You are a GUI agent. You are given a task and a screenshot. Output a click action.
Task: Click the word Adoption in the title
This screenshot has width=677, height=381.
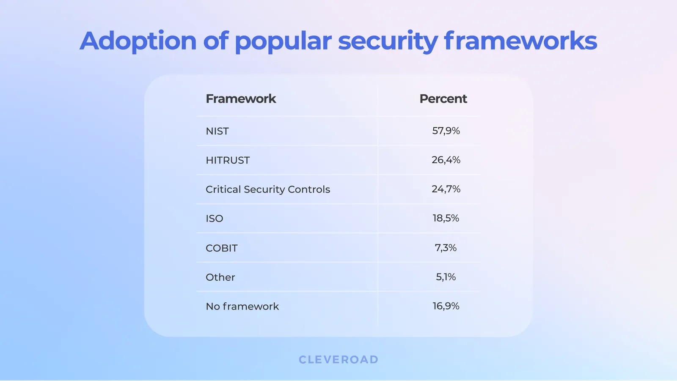click(138, 41)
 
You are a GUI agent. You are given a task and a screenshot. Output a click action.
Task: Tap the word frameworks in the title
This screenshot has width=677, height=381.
click(520, 41)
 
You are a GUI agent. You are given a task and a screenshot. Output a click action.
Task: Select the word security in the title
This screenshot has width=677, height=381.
click(388, 41)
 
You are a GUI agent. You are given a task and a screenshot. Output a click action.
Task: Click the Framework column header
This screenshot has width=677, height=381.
click(241, 99)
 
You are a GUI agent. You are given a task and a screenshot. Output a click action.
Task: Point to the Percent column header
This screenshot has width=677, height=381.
click(443, 99)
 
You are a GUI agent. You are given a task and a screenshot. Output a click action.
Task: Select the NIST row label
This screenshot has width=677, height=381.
click(217, 131)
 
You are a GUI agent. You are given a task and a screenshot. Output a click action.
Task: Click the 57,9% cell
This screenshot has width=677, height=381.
click(446, 131)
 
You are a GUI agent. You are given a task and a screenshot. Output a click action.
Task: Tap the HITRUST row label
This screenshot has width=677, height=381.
click(228, 160)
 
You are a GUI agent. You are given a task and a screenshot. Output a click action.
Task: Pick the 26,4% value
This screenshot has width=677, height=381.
click(446, 160)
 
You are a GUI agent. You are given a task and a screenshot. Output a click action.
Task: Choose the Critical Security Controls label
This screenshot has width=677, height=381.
click(267, 189)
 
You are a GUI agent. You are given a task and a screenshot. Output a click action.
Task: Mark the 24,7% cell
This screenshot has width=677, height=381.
click(446, 189)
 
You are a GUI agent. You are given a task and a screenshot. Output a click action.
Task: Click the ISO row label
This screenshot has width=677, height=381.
click(214, 219)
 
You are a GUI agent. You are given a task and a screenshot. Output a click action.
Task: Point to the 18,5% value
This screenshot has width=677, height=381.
click(446, 218)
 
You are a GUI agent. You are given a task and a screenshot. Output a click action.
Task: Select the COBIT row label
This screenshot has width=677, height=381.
click(221, 248)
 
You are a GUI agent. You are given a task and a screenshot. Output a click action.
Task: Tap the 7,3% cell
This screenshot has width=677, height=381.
click(446, 248)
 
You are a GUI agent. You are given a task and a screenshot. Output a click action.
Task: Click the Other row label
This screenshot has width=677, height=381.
click(220, 277)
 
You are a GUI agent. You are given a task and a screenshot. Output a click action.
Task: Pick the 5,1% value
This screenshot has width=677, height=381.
click(446, 277)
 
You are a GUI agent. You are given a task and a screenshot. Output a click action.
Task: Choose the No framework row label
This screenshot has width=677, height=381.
click(242, 307)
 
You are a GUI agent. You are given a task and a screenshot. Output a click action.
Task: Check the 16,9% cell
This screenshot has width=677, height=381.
click(446, 306)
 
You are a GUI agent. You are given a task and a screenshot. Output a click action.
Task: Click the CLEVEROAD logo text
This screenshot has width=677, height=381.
click(338, 360)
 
